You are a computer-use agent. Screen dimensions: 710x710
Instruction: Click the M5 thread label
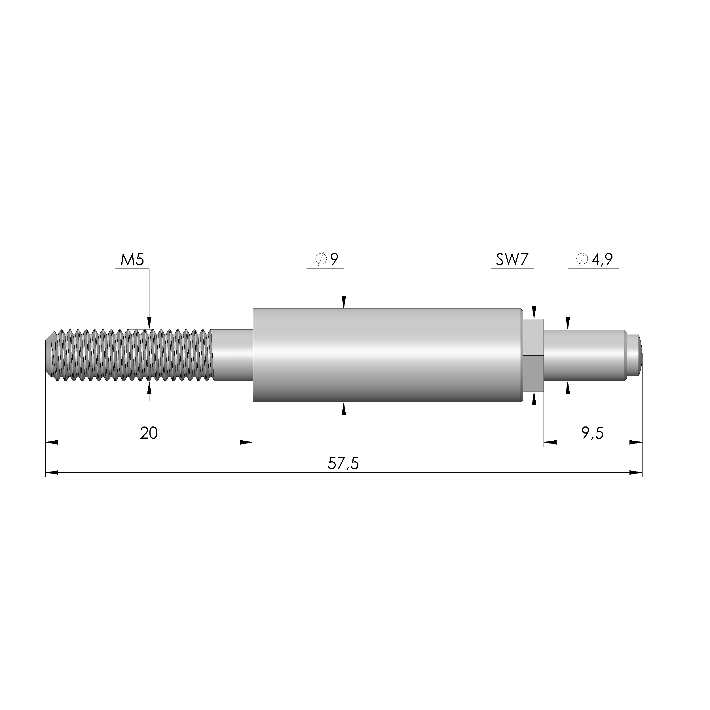(x=132, y=260)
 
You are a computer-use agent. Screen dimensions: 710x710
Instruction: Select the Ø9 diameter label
(x=326, y=259)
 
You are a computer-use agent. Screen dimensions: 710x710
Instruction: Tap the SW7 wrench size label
(x=512, y=260)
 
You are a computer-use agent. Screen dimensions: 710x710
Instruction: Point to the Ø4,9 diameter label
(x=595, y=259)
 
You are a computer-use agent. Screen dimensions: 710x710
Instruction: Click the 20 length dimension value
(x=149, y=433)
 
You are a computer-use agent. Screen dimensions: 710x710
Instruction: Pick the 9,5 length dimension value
(x=592, y=434)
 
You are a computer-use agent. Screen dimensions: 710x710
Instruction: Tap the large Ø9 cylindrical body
(x=387, y=355)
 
